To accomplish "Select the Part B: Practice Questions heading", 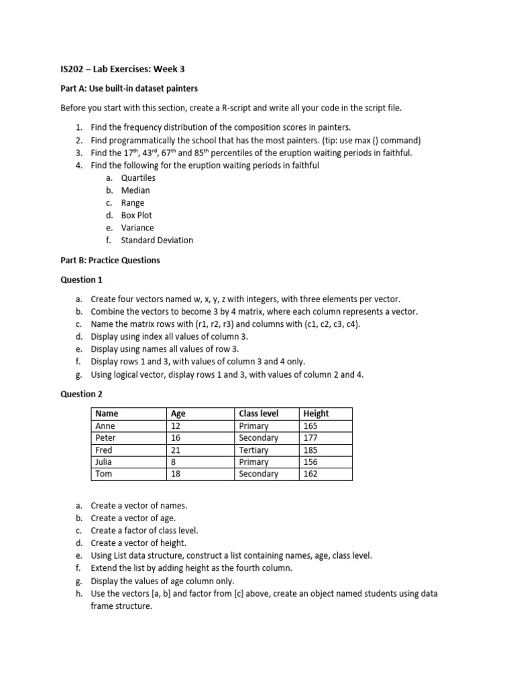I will (x=111, y=260).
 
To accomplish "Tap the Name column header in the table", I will (x=107, y=413).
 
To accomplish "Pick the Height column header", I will (x=317, y=413).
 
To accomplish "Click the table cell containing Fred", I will (x=104, y=450).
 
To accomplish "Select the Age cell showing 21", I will (x=177, y=450).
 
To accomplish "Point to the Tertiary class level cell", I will (x=253, y=450).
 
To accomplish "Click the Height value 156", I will (x=310, y=462).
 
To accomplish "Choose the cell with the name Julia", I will (x=105, y=462).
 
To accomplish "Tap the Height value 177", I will (x=310, y=438).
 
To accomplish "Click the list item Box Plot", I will (x=137, y=215).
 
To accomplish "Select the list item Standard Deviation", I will (x=157, y=240).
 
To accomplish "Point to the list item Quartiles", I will (x=138, y=178).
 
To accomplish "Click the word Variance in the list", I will (x=137, y=228).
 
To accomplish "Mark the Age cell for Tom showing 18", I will (x=177, y=474).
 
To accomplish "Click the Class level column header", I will (x=259, y=413).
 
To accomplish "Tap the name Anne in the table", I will (x=105, y=426).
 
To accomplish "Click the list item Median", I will (x=135, y=190).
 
